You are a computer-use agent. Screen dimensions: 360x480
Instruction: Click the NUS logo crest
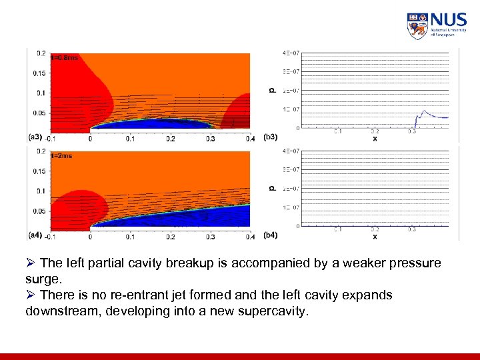417,26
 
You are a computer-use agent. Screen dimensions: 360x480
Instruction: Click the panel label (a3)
35,137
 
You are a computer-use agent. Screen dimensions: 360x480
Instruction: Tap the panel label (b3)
271,137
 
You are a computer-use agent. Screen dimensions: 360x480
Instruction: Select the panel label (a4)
35,235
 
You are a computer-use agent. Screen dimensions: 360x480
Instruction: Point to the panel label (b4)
271,235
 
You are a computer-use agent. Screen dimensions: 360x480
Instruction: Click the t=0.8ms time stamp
65,58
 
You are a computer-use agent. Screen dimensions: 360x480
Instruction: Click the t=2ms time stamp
62,156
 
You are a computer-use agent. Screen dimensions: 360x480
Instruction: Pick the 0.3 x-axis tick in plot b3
412,132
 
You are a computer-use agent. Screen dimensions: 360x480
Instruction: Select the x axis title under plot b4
375,237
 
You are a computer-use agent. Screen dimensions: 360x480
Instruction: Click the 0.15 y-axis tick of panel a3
41,73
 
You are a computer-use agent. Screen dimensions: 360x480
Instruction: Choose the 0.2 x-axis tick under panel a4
171,237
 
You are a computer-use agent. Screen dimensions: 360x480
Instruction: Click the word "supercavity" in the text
275,311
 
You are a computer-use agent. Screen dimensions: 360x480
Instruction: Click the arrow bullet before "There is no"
31,295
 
